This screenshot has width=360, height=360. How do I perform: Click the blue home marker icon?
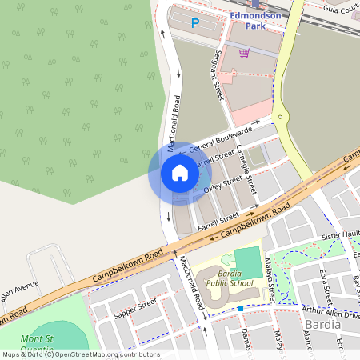point(180,173)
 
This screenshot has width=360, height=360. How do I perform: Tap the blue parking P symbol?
point(194,23)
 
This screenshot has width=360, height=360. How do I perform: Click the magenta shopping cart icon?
point(244,53)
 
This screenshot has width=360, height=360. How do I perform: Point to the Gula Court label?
point(341,9)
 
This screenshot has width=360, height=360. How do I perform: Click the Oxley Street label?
point(222,186)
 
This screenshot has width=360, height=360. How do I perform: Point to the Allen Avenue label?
point(19,290)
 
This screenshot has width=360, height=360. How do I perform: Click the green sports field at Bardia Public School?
point(247,262)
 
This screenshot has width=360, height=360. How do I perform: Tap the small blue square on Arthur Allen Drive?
point(240,308)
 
